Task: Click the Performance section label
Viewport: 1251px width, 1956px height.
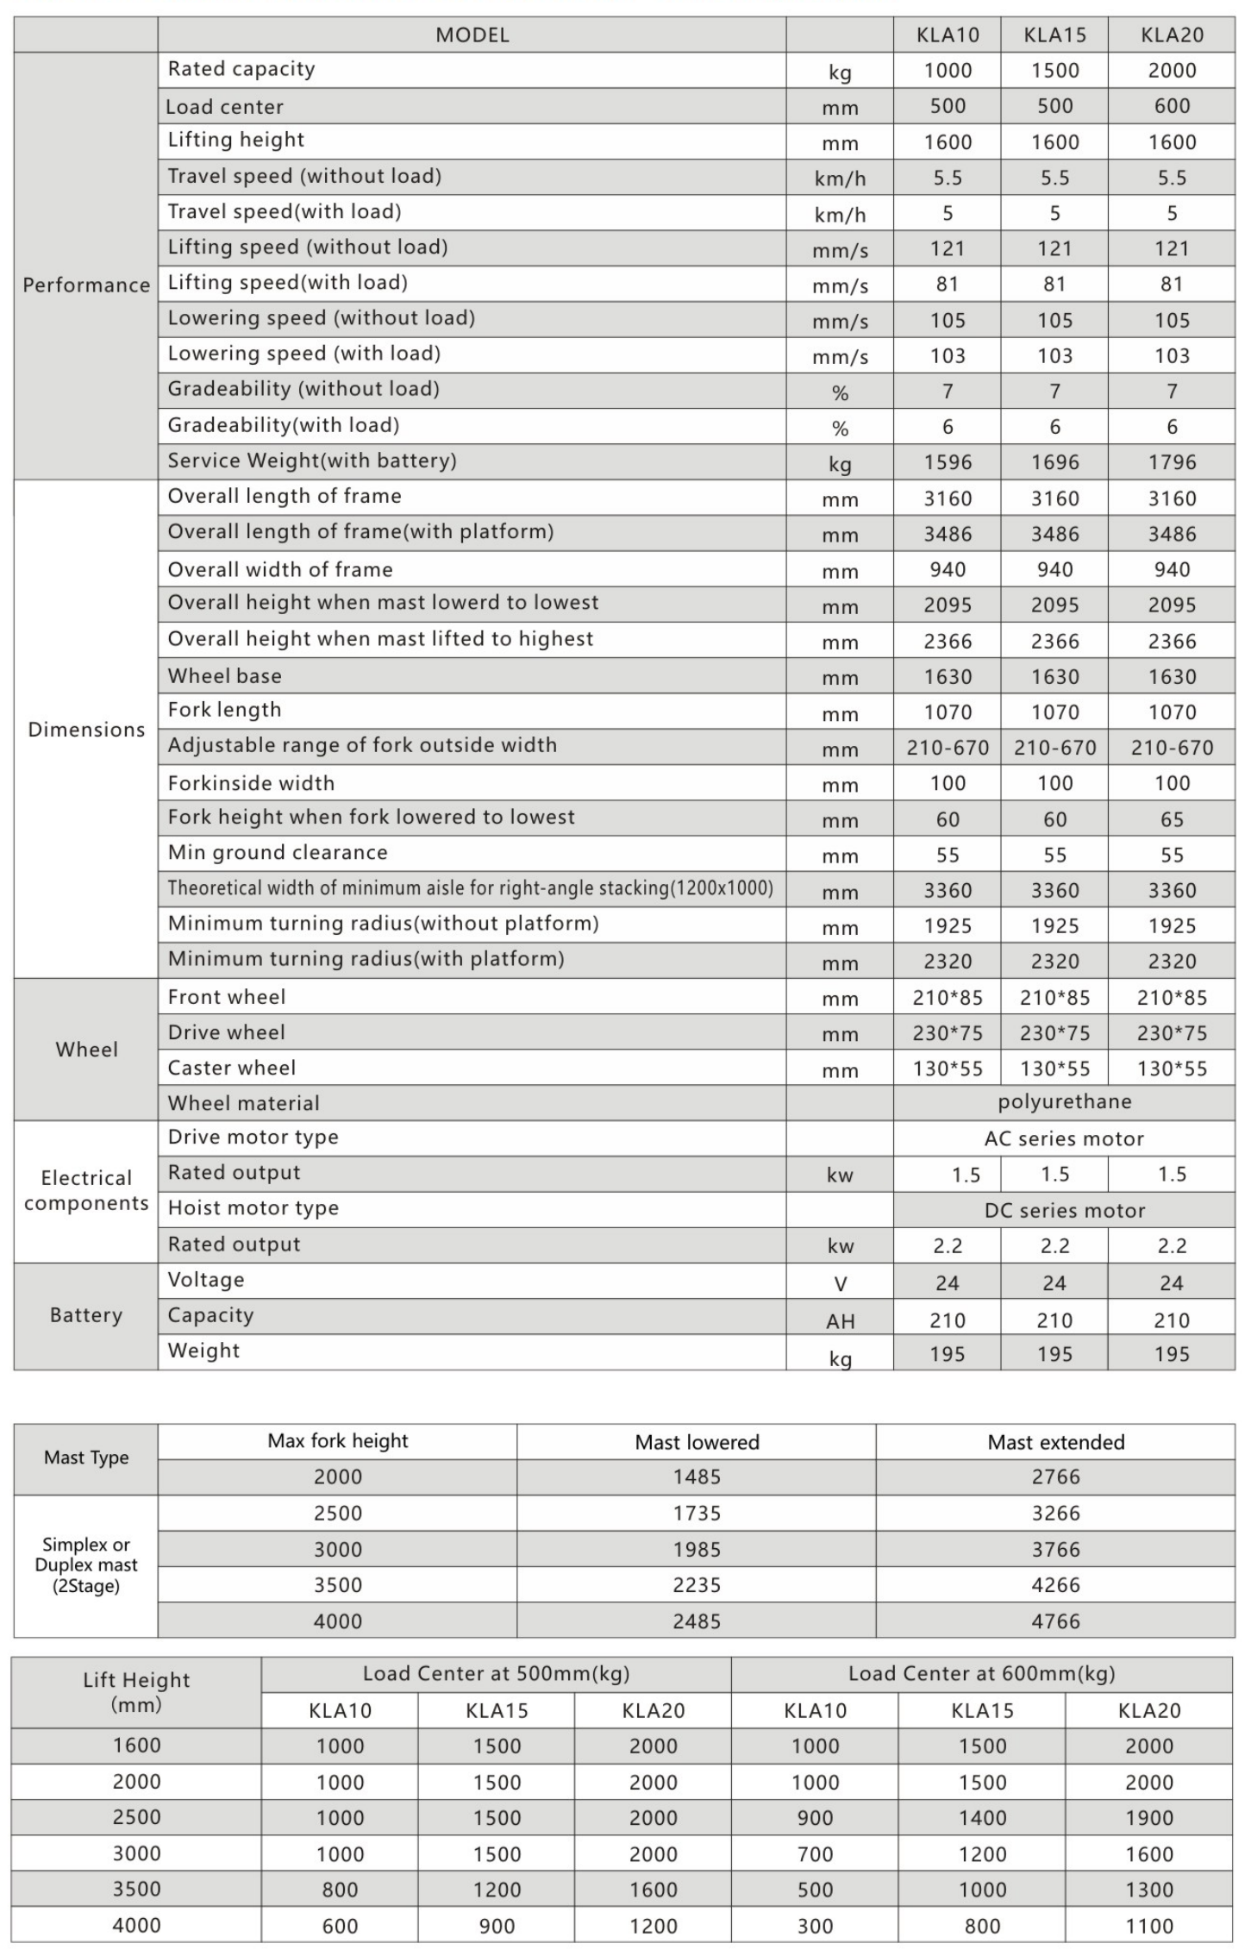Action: click(x=86, y=285)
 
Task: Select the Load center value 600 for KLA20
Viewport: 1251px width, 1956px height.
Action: click(x=1172, y=106)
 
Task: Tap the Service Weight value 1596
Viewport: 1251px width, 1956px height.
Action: click(x=948, y=462)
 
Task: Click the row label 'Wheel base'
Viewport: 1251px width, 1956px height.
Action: click(x=224, y=676)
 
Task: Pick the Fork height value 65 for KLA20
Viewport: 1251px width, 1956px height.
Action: click(x=1172, y=819)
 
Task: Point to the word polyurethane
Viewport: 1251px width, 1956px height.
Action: click(x=1064, y=1102)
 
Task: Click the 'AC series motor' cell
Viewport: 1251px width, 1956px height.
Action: click(x=1064, y=1138)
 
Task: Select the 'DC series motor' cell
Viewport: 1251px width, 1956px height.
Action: click(x=1064, y=1210)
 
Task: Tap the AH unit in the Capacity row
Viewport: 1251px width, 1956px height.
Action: click(x=840, y=1320)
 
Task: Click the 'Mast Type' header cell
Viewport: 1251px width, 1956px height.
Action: click(x=86, y=1458)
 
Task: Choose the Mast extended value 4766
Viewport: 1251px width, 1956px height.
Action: click(x=1055, y=1621)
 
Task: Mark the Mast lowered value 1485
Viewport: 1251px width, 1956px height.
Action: click(x=697, y=1477)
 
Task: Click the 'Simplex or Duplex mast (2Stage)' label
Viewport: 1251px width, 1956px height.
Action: click(x=86, y=1565)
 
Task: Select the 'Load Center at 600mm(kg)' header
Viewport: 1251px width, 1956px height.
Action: click(x=981, y=1674)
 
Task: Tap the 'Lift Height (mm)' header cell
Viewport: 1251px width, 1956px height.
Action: click(x=136, y=1692)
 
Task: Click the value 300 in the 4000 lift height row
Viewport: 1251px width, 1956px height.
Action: click(x=815, y=1926)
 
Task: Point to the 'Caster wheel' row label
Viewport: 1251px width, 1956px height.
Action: click(x=231, y=1068)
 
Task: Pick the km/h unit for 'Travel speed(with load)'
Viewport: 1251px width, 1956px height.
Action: click(x=840, y=214)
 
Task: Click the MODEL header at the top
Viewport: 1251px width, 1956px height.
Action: click(x=472, y=35)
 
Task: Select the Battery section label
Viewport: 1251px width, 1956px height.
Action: click(x=86, y=1316)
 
